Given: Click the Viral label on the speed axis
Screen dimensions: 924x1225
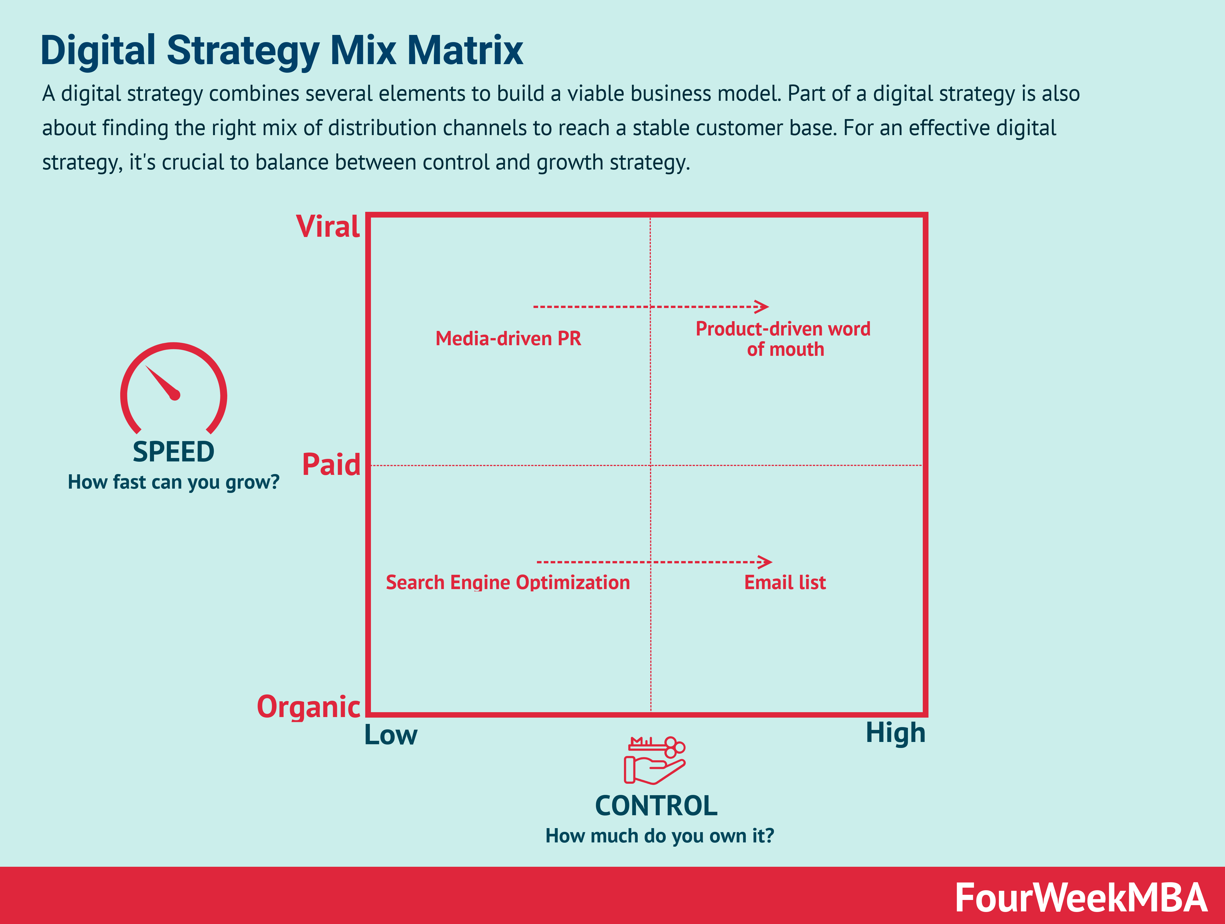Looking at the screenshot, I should click(328, 227).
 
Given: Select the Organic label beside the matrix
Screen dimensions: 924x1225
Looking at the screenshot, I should click(309, 707).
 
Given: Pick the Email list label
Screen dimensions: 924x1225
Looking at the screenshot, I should click(785, 583).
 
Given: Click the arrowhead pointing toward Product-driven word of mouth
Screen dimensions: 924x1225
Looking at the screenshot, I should click(763, 306).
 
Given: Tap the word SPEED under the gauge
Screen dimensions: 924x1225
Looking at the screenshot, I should click(173, 452).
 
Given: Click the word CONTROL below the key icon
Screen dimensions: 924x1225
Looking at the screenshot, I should click(656, 806).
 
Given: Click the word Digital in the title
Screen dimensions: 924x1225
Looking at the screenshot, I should click(98, 50).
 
